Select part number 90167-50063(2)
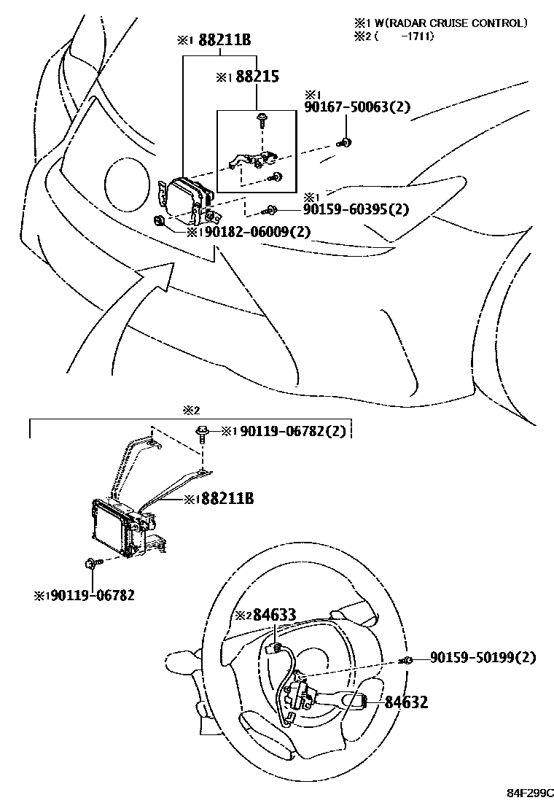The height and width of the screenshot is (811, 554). click(x=356, y=107)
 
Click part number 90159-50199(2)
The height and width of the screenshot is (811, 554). click(x=483, y=658)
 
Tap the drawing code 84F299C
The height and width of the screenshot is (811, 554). click(x=531, y=792)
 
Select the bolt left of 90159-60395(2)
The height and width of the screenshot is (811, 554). click(x=270, y=210)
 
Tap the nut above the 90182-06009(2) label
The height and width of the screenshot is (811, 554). click(x=160, y=220)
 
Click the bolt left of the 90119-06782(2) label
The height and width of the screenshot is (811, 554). click(x=201, y=433)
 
